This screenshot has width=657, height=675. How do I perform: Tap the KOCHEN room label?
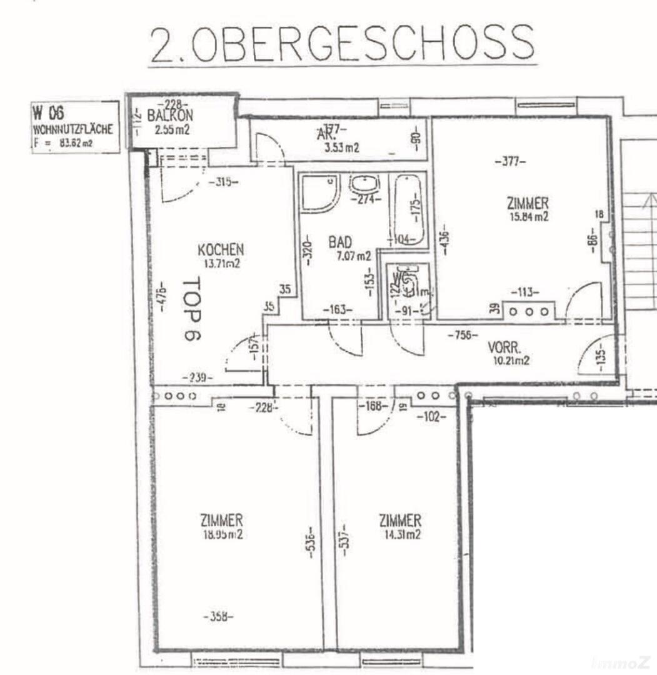pyautogui.click(x=220, y=249)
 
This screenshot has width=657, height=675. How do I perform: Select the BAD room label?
pyautogui.click(x=340, y=241)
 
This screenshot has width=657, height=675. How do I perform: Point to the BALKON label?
pyautogui.click(x=170, y=116)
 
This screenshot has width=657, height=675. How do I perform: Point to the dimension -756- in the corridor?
pyautogui.click(x=463, y=335)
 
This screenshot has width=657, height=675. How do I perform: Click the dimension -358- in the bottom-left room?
pyautogui.click(x=218, y=616)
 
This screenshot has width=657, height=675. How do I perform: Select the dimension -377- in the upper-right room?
pyautogui.click(x=510, y=161)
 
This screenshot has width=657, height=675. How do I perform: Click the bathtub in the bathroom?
pyautogui.click(x=408, y=209)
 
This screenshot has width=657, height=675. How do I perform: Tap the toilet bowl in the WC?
pyautogui.click(x=411, y=285)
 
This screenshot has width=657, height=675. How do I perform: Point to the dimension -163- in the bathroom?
pyautogui.click(x=338, y=309)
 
